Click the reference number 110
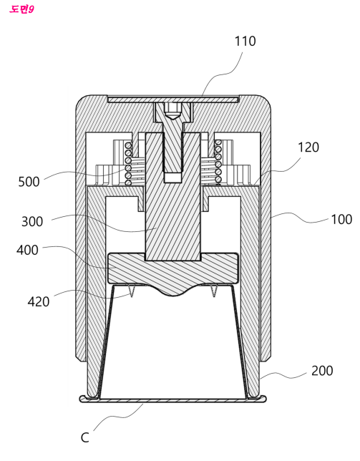(x=245, y=42)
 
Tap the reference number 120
(x=308, y=147)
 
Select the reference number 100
(x=341, y=219)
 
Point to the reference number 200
(x=322, y=371)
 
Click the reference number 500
(x=29, y=182)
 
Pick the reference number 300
(x=32, y=221)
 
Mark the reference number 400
(x=27, y=251)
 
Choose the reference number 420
(x=39, y=301)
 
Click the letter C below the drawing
(x=84, y=438)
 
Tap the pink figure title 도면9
(x=21, y=9)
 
